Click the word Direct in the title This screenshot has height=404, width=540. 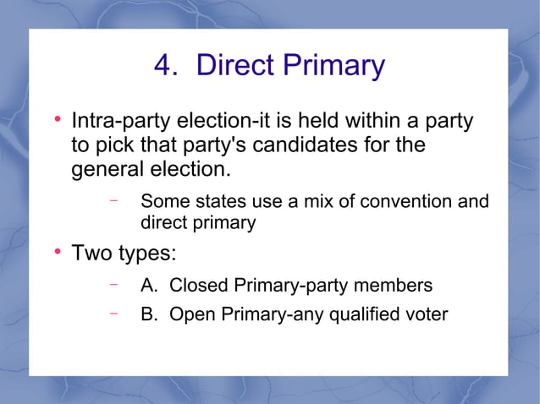pos(233,65)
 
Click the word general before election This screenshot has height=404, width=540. pos(104,170)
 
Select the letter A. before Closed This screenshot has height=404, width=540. pos(150,286)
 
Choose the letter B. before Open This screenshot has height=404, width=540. pos(150,314)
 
